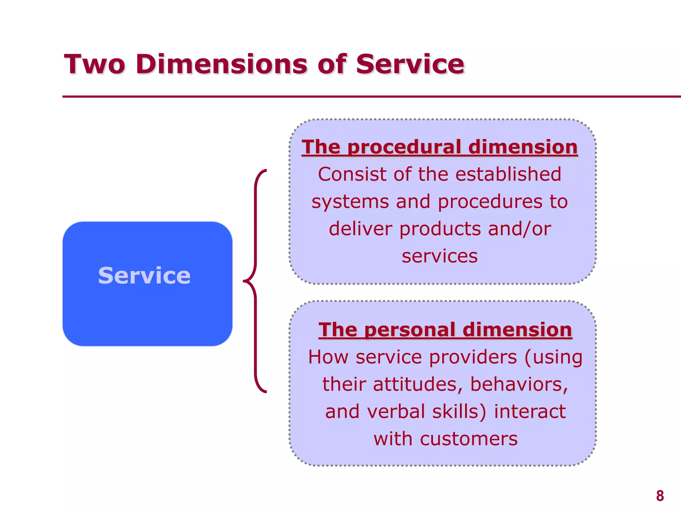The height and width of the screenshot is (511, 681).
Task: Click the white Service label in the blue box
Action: tap(144, 275)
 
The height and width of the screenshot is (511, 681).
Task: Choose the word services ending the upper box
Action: tap(440, 256)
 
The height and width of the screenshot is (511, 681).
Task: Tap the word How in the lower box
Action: tap(328, 357)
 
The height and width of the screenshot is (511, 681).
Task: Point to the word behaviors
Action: tap(519, 385)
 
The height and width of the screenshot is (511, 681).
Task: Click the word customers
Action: tap(469, 439)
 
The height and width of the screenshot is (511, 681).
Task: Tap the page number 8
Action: tap(660, 496)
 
